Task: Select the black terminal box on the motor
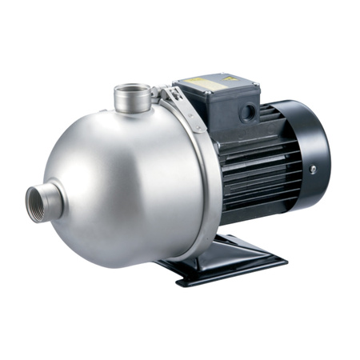click(214, 103)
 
